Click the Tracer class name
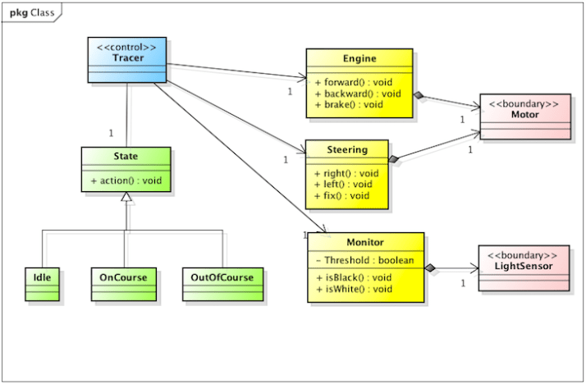point(126,57)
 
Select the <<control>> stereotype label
point(126,46)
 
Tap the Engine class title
point(359,59)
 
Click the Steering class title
point(346,150)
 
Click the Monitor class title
point(364,243)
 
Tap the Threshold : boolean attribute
point(364,261)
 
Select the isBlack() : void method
point(353,278)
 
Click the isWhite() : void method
point(354,290)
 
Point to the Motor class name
point(524,116)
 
